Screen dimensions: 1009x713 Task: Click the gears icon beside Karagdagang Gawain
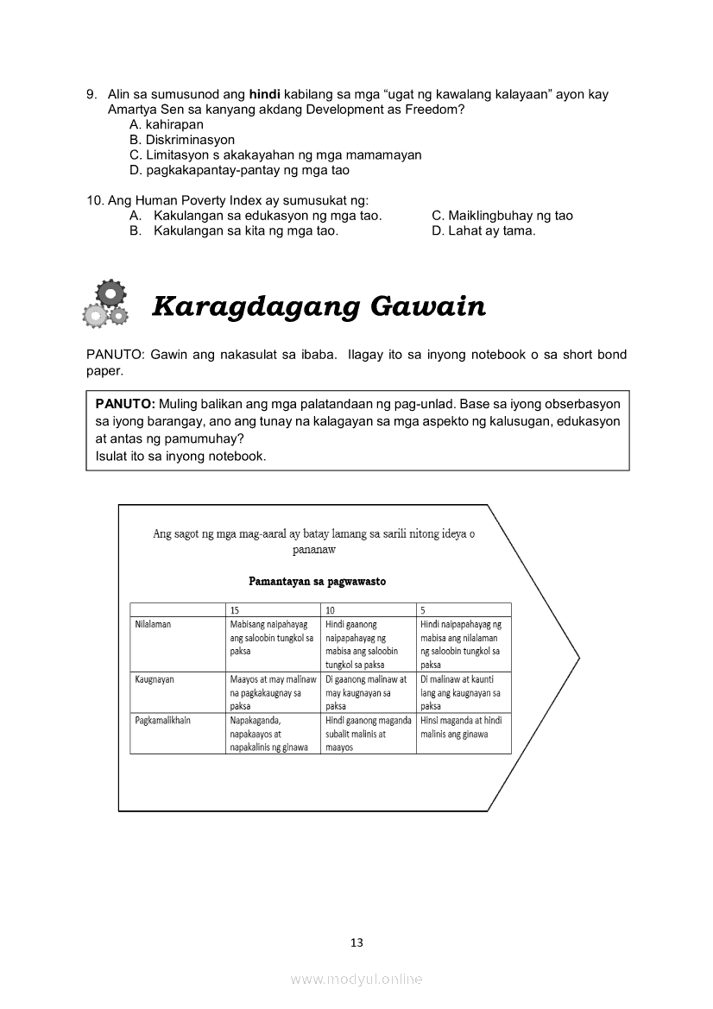click(105, 305)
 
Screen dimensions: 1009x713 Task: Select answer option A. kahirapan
click(167, 124)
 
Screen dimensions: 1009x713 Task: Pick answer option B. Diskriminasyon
click(182, 140)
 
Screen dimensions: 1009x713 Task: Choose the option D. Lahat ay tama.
click(483, 231)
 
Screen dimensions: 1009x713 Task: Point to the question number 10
click(96, 200)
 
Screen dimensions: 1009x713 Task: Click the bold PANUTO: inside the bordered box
click(125, 404)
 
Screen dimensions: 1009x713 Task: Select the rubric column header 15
click(235, 610)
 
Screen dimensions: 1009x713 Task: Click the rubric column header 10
click(331, 610)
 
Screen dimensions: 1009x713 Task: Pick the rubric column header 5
click(424, 610)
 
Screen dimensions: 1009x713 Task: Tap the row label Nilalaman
click(153, 624)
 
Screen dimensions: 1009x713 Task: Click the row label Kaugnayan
click(155, 679)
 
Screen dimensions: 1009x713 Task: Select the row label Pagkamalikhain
click(163, 720)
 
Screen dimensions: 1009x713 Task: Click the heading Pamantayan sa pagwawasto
click(317, 581)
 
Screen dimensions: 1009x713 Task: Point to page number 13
click(357, 943)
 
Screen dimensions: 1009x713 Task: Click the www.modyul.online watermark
click(356, 980)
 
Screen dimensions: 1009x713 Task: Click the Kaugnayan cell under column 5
click(463, 692)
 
